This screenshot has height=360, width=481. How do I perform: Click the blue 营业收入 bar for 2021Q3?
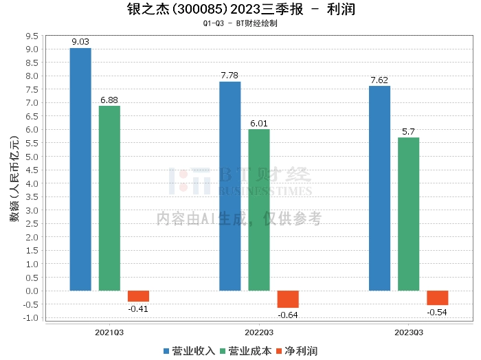80,169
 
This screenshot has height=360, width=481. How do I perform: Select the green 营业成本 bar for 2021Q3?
109,198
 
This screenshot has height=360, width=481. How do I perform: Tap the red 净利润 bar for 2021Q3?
138,296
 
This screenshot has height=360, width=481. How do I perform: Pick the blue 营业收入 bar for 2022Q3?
230,186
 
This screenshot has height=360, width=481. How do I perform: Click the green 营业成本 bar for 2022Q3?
258,210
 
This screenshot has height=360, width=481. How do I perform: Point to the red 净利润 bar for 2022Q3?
288,299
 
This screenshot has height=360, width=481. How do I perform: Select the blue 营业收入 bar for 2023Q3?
379,188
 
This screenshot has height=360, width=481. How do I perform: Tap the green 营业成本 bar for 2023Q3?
408,214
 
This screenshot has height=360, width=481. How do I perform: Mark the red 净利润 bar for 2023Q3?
437,297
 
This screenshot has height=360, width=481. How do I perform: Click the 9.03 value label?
80,42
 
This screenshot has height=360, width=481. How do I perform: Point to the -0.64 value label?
288,315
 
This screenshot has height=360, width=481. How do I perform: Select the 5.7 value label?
408,131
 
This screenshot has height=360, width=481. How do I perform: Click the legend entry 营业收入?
189,351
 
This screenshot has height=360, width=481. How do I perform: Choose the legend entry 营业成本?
245,351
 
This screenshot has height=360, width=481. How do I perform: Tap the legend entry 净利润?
296,351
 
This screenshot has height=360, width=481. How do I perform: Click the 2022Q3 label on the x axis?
258,333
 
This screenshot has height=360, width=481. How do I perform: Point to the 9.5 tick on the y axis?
31,36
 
